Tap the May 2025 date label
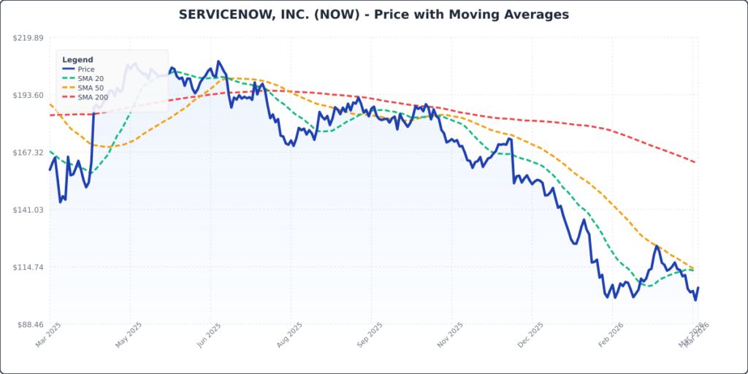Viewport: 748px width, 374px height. (127, 337)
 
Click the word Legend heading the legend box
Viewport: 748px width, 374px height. (77, 60)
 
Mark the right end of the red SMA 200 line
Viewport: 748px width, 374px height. (695, 162)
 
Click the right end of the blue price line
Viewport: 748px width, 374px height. (698, 288)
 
